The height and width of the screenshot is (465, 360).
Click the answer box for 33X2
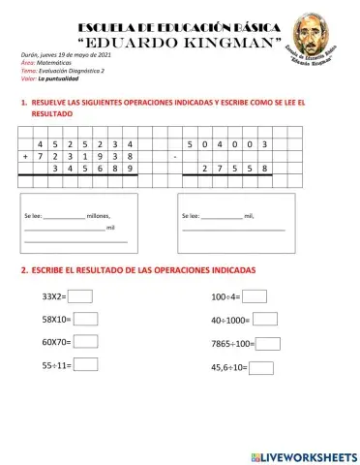(x=79, y=296)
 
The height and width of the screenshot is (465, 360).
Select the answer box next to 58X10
(x=86, y=319)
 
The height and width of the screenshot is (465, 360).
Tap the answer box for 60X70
(x=86, y=341)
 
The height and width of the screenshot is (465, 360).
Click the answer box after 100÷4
(x=255, y=296)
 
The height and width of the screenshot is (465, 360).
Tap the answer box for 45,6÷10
(x=262, y=367)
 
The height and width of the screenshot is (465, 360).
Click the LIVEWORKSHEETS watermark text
(x=309, y=454)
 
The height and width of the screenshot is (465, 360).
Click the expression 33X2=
(x=53, y=296)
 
